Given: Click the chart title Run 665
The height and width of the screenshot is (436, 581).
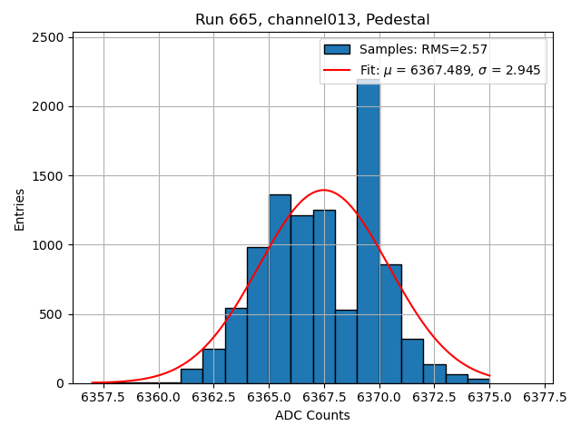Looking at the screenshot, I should coord(312,20).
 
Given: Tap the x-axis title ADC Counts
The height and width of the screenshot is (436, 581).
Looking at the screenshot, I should coord(312,415).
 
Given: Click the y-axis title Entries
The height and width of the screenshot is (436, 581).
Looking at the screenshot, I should coord(20,210).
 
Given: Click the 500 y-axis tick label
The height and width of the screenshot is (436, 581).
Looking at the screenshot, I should coord(54,314).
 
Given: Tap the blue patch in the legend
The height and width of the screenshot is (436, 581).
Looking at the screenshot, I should coord(337,49).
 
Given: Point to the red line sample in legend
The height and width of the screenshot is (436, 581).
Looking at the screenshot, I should coord(337,69).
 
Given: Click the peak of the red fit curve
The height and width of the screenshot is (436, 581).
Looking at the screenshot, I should coord(324,190).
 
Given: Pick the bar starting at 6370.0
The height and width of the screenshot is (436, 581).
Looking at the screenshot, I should coord(390,323).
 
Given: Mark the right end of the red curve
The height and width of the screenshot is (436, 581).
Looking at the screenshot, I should coord(489,375).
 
